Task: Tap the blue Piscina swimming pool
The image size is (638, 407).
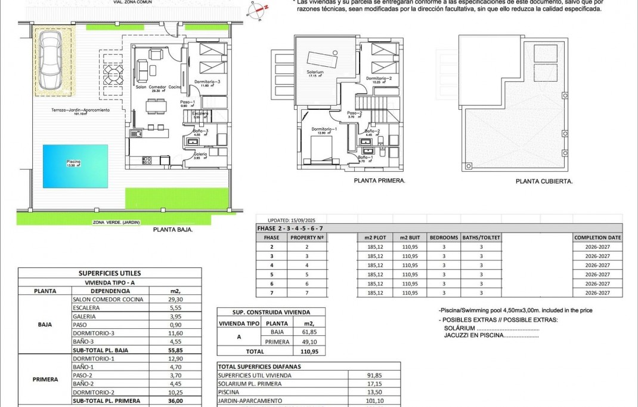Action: (x=75, y=165)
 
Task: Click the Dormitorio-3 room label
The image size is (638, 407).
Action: (x=207, y=82)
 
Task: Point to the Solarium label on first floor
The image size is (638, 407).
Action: (x=315, y=72)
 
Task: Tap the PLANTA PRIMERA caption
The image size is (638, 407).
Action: (x=379, y=180)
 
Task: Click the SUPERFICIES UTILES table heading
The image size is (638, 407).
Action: (x=110, y=273)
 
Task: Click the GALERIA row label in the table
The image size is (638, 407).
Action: (x=85, y=316)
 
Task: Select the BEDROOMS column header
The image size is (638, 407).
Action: (x=443, y=238)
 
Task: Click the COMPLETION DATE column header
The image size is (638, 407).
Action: (x=597, y=238)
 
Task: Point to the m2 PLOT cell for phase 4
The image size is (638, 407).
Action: (x=376, y=265)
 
